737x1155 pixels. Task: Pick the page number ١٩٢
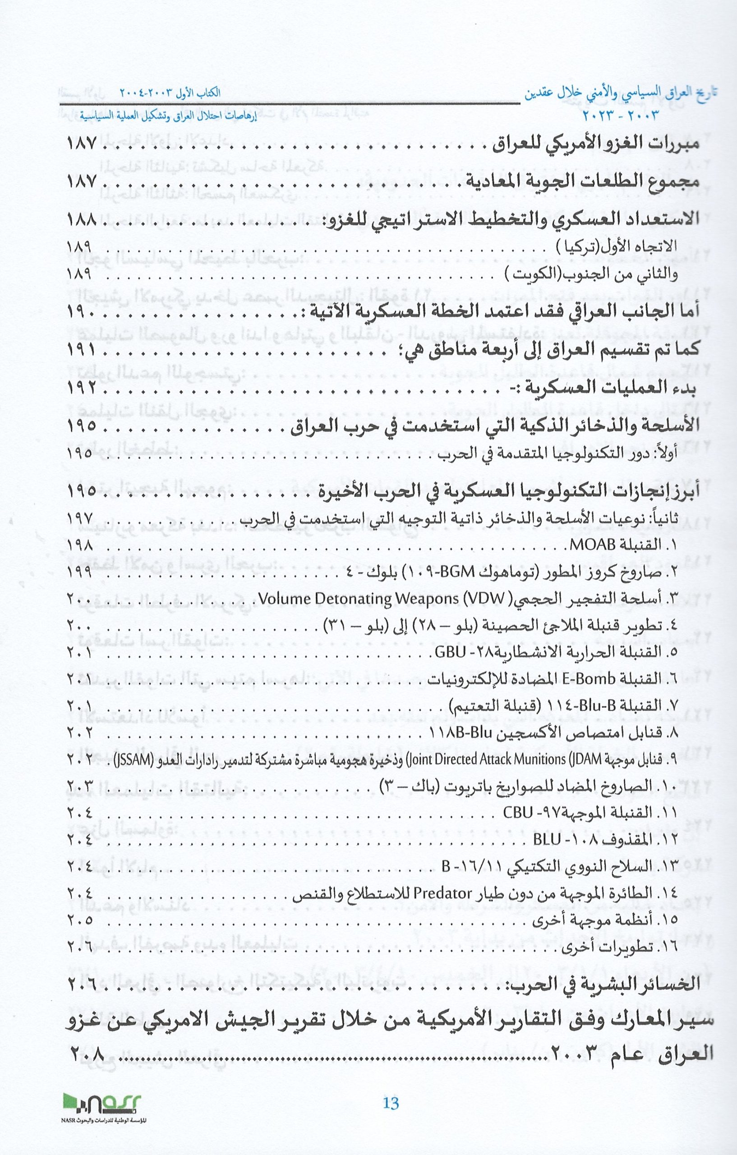(x=82, y=387)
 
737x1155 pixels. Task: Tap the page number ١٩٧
(x=79, y=518)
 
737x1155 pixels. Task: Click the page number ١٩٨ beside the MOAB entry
(x=79, y=545)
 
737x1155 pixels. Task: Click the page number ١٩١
(x=82, y=351)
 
